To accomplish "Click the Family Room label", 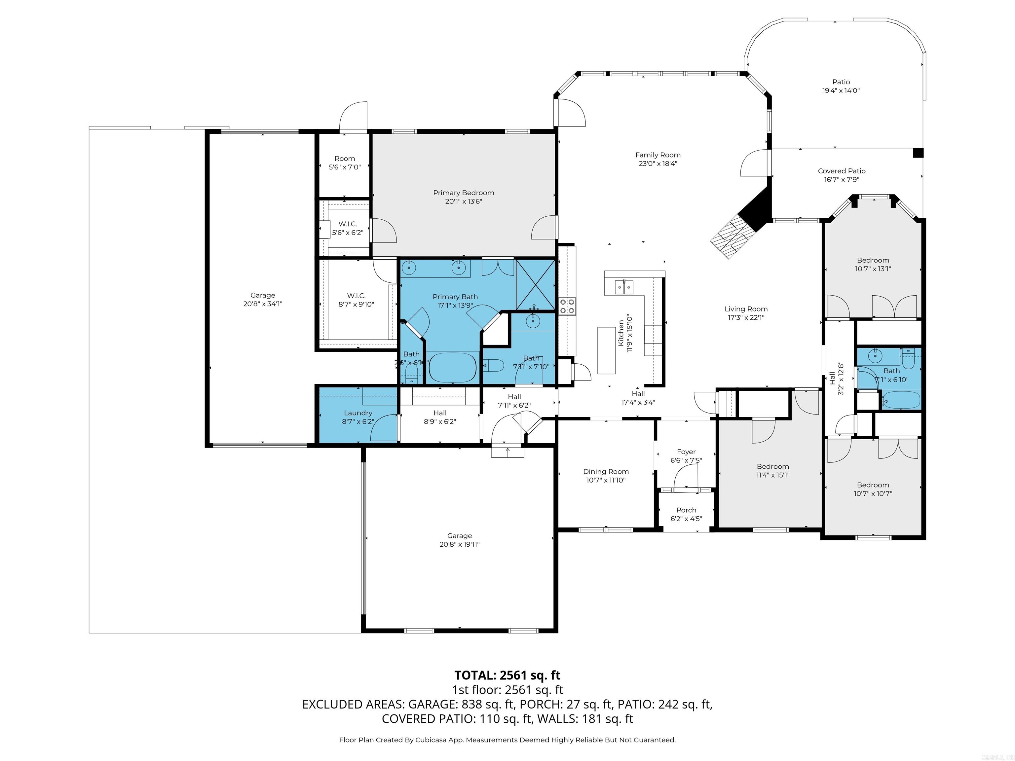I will click(x=658, y=155).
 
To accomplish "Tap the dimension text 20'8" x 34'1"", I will click(x=262, y=304).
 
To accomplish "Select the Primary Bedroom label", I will click(x=464, y=193).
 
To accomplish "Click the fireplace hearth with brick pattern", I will click(x=733, y=237).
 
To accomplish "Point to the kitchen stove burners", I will click(x=567, y=306).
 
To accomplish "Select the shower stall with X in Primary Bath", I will click(x=536, y=284).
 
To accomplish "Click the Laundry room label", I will click(x=358, y=413).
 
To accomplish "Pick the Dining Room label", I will click(x=606, y=472).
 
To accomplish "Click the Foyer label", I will click(x=686, y=452).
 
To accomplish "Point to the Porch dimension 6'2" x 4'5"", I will click(x=686, y=519).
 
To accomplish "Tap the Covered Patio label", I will click(x=842, y=171).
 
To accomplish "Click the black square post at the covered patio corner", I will click(x=917, y=153).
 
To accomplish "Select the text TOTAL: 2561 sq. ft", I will click(x=507, y=675).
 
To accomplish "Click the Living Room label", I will click(x=746, y=309).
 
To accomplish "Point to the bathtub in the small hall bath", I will click(x=901, y=400).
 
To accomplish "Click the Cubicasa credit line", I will click(x=507, y=740).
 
